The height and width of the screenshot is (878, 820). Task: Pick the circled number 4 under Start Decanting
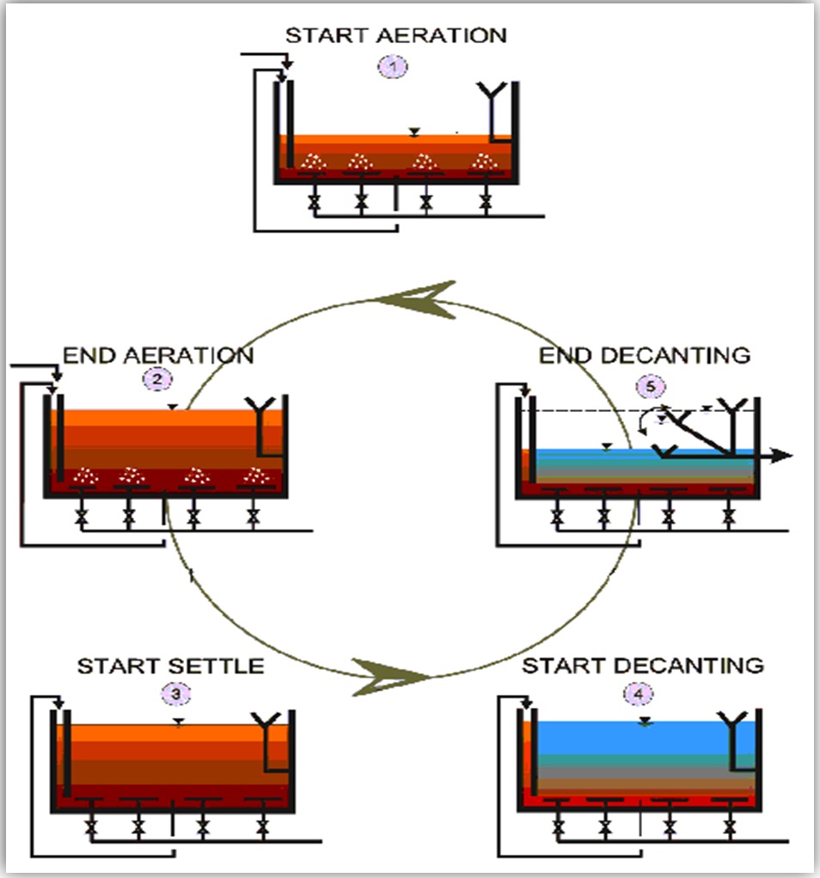pyautogui.click(x=642, y=692)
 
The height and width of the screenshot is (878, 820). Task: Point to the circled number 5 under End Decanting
pyautogui.click(x=651, y=386)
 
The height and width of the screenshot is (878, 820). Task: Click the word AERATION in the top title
pyautogui.click(x=448, y=36)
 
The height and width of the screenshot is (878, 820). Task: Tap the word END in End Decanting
pyautogui.click(x=565, y=355)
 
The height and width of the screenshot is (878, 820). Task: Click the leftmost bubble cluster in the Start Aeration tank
pyautogui.click(x=314, y=161)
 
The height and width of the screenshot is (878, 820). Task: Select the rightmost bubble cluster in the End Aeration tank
pyautogui.click(x=254, y=474)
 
